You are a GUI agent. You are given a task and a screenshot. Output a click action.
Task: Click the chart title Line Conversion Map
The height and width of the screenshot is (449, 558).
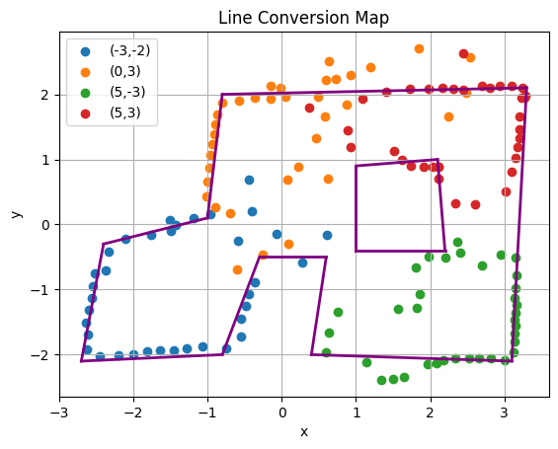click(303, 18)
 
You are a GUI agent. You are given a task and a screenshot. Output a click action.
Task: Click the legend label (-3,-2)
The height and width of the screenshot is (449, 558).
click(130, 51)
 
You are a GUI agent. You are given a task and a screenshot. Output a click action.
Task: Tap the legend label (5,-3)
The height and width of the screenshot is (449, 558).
click(127, 92)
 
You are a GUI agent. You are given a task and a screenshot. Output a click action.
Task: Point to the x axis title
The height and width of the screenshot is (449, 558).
click(304, 432)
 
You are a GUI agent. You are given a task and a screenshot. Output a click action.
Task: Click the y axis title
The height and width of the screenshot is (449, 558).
click(16, 214)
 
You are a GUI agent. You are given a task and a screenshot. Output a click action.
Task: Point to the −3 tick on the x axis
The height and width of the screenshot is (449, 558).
click(60, 413)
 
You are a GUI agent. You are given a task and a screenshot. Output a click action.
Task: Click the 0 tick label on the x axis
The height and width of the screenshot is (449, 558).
click(282, 413)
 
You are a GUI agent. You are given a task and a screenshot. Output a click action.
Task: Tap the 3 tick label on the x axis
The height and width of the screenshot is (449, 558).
click(505, 413)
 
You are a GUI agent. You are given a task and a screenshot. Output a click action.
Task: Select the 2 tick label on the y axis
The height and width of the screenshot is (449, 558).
click(45, 96)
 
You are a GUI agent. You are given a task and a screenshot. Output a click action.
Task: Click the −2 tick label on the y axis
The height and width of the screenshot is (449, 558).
click(40, 355)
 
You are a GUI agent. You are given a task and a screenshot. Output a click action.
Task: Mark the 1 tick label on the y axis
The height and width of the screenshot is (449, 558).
click(45, 160)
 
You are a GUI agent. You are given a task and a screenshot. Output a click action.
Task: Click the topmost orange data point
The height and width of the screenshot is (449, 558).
click(419, 48)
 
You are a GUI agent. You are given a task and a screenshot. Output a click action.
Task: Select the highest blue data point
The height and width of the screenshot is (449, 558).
click(249, 180)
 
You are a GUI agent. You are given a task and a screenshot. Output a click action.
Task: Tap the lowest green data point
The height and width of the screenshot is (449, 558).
click(381, 380)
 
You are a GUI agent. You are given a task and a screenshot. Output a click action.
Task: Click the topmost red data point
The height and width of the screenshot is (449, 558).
click(463, 53)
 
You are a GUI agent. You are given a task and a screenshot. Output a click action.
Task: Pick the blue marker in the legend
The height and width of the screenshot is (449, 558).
click(85, 52)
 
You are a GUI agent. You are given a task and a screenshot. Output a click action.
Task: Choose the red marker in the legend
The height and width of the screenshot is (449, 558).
click(85, 113)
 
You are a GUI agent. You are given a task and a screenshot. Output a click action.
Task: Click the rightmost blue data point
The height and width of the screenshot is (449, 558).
click(327, 235)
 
